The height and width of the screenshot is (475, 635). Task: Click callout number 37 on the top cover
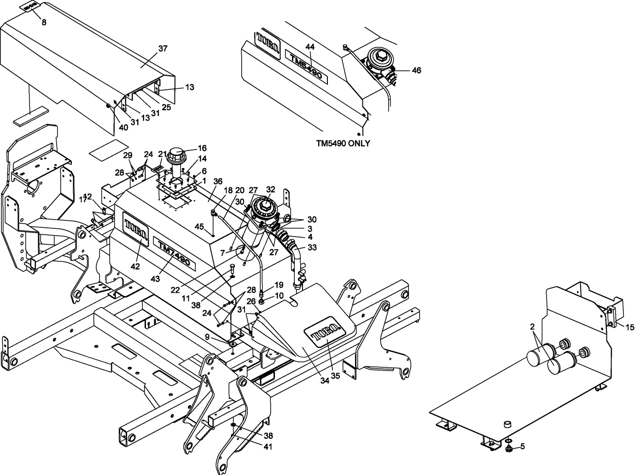pos(163,48)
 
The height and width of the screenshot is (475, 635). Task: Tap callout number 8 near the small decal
pos(44,22)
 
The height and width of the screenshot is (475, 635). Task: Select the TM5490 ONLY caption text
pos(343,143)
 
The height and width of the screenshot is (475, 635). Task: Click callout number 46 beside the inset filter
pos(416,70)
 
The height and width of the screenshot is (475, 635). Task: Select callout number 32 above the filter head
pos(270,189)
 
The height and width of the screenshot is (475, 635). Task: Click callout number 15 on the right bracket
pos(629,327)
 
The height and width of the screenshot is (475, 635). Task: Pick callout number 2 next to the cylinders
pos(532,326)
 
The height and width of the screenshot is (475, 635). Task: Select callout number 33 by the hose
pos(312,247)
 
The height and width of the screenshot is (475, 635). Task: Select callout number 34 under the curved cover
pos(325,381)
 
